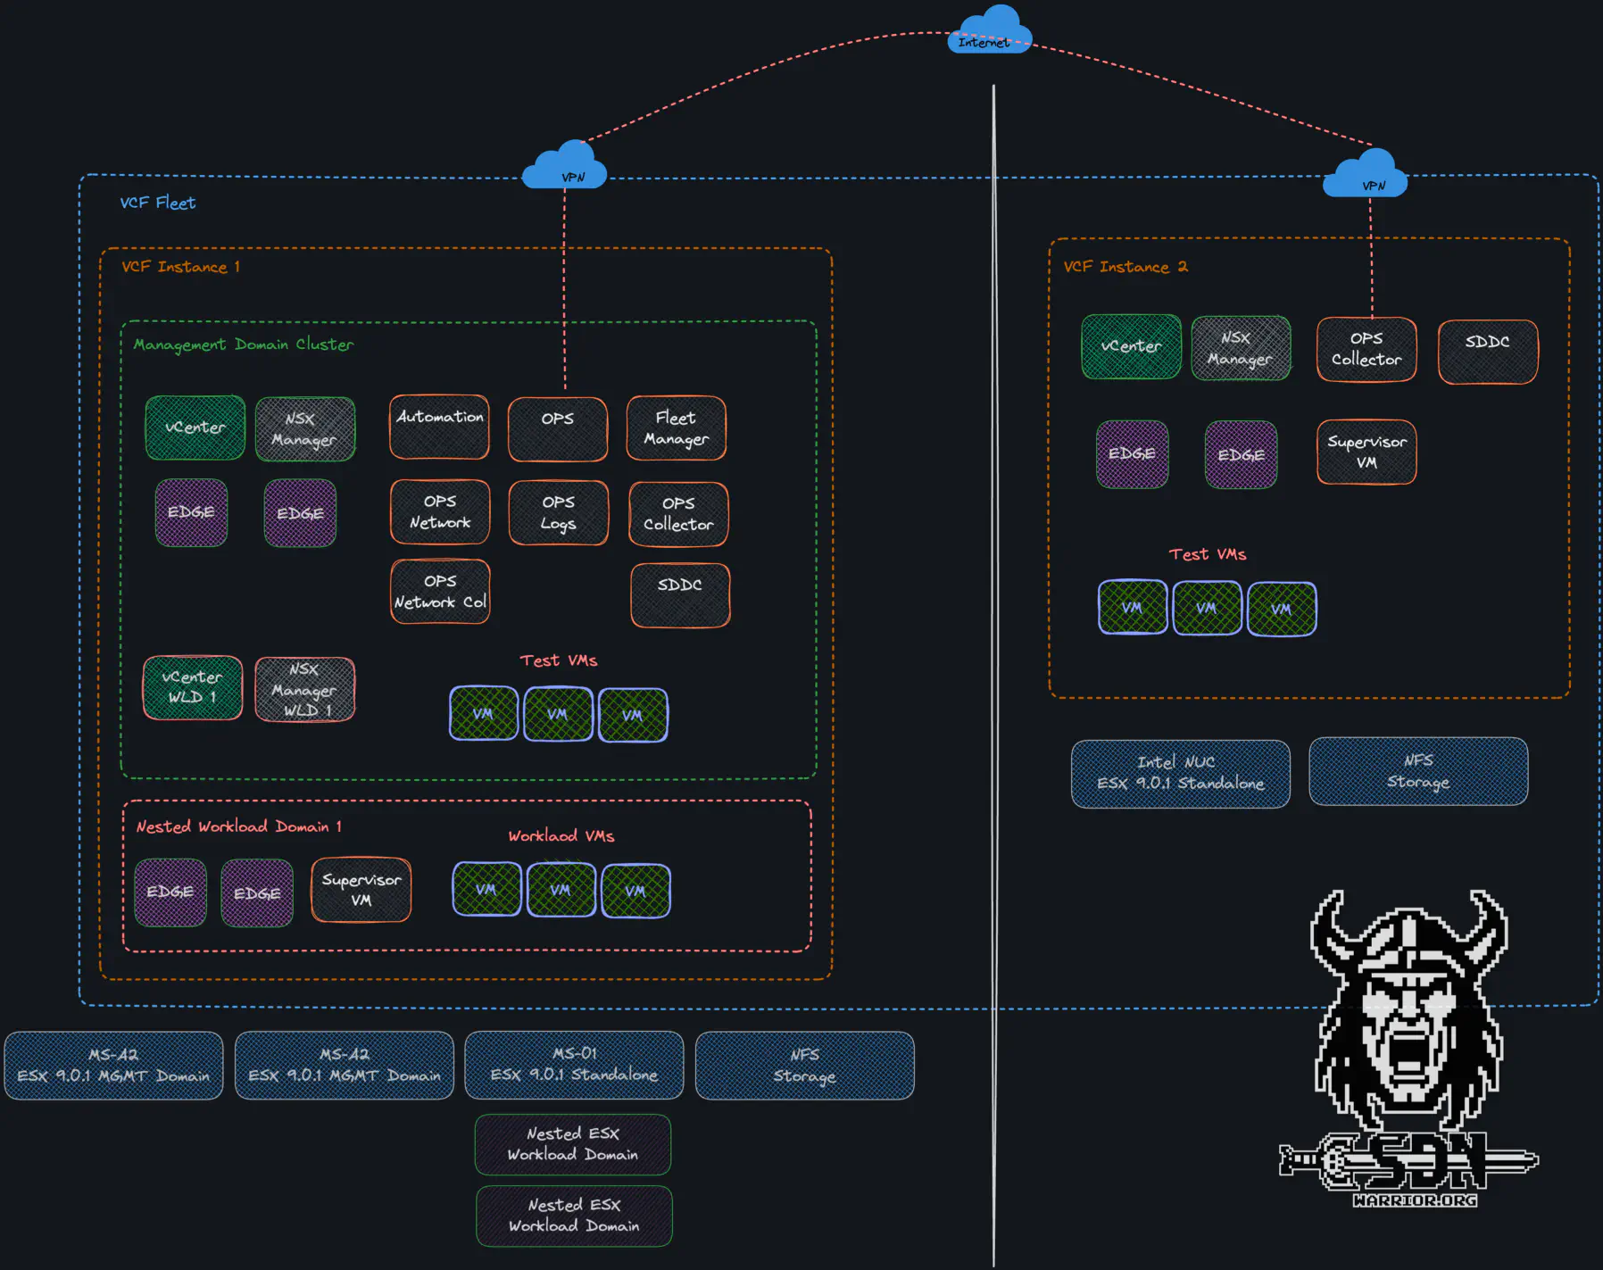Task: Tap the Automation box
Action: pos(439,427)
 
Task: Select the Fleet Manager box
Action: pos(676,428)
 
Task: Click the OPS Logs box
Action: pos(559,513)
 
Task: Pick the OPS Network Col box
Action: pos(440,592)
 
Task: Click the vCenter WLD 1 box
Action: pos(193,687)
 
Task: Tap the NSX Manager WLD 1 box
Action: pos(304,689)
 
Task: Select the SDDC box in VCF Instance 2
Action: pos(1488,352)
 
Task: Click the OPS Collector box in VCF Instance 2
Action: pos(1366,349)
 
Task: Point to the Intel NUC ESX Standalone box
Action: pos(1180,773)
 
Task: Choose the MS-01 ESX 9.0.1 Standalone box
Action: pos(574,1065)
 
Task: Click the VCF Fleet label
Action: pos(158,203)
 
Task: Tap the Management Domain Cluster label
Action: pos(243,344)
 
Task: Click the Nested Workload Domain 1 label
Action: pos(238,826)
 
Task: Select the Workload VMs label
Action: pos(561,836)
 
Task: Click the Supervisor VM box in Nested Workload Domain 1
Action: pos(361,890)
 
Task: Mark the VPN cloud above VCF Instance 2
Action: pos(1366,174)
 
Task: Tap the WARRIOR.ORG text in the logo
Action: pos(1415,1200)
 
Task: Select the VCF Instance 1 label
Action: pos(180,267)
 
